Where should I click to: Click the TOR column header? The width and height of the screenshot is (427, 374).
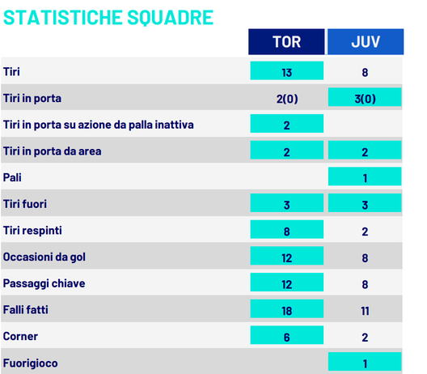pyautogui.click(x=286, y=42)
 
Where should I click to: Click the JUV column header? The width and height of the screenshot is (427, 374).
pyautogui.click(x=365, y=42)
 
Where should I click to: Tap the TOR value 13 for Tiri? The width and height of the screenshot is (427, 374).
pyautogui.click(x=286, y=72)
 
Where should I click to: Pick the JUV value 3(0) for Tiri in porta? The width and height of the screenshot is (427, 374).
pyautogui.click(x=365, y=99)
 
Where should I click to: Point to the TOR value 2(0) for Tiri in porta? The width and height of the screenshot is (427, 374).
pyautogui.click(x=286, y=99)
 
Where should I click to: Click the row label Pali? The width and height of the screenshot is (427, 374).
pyautogui.click(x=13, y=177)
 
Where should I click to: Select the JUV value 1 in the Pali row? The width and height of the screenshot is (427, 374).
pyautogui.click(x=365, y=177)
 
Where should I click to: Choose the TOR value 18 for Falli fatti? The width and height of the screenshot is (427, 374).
pyautogui.click(x=286, y=309)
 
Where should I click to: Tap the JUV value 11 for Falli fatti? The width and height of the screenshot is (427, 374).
pyautogui.click(x=365, y=309)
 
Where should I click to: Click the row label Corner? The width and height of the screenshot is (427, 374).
pyautogui.click(x=20, y=336)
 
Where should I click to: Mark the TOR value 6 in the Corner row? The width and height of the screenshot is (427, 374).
pyautogui.click(x=286, y=336)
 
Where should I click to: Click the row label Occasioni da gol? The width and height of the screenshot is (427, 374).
pyautogui.click(x=44, y=257)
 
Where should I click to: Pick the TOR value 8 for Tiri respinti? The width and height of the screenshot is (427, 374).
pyautogui.click(x=286, y=231)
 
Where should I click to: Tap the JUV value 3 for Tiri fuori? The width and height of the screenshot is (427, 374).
pyautogui.click(x=365, y=204)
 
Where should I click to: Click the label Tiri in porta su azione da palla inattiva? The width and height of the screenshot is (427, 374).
pyautogui.click(x=98, y=125)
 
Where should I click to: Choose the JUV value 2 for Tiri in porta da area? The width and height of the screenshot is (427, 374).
pyautogui.click(x=365, y=151)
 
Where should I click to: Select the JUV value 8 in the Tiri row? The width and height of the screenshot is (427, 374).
pyautogui.click(x=365, y=72)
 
